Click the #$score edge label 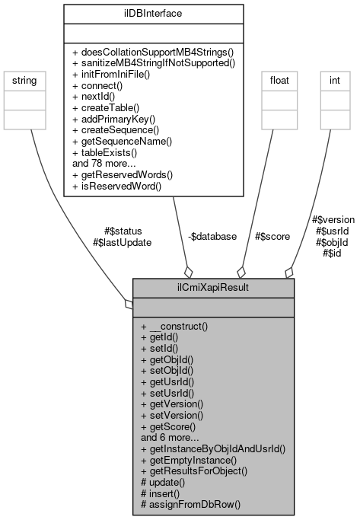(x=272, y=237)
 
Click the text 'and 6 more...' (x=170, y=439)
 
